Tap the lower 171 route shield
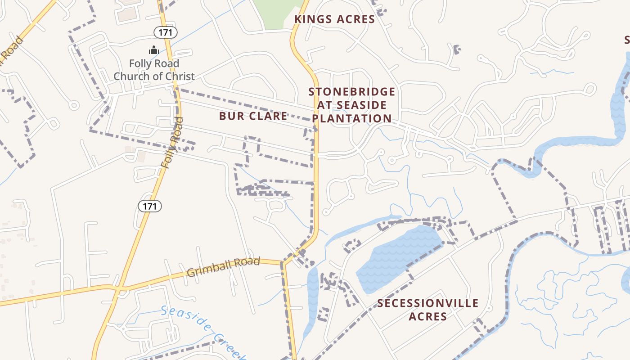tap(149, 206)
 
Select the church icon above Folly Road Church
tap(154, 50)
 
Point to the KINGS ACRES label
tap(334, 19)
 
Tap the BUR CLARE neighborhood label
tap(253, 116)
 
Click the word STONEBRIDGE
tap(351, 92)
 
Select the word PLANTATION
tap(351, 118)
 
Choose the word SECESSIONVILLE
tap(427, 303)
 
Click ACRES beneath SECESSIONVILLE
tap(427, 317)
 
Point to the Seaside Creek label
tap(202, 332)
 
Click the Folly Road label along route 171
tap(172, 143)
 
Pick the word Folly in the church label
tap(141, 63)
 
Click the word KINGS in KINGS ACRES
tap(313, 19)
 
